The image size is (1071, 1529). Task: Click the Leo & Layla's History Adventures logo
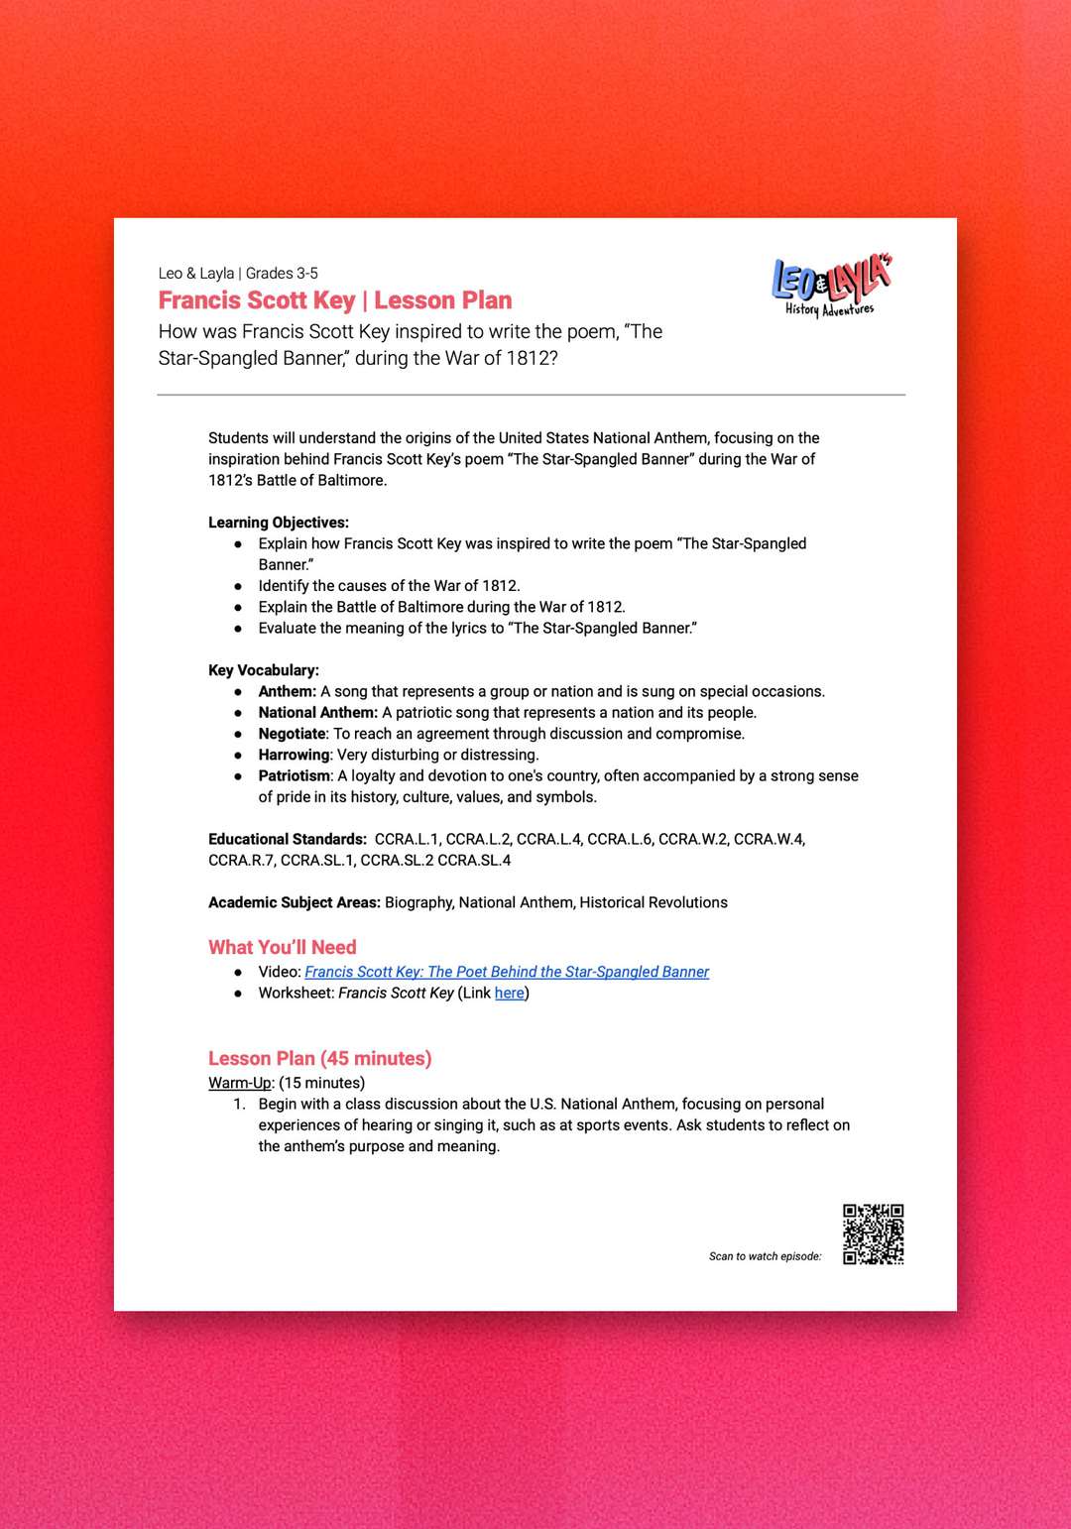(x=831, y=287)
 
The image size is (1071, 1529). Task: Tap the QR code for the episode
(x=873, y=1235)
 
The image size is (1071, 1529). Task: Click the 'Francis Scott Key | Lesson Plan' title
(x=335, y=300)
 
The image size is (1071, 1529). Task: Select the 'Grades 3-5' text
(x=282, y=274)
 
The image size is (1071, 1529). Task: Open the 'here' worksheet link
(x=509, y=994)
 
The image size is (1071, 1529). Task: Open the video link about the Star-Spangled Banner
(x=507, y=972)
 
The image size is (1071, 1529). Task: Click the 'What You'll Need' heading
(x=282, y=947)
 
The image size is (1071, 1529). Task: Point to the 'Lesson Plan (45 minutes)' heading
(x=319, y=1058)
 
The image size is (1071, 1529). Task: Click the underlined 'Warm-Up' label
(x=240, y=1083)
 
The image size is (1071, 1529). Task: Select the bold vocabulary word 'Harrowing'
(x=294, y=755)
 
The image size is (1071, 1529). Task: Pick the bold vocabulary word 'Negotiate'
(x=292, y=734)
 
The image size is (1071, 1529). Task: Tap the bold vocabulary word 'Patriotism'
(x=295, y=775)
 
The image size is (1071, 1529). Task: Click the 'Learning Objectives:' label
(x=279, y=523)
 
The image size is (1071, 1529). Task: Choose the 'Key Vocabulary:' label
(x=264, y=670)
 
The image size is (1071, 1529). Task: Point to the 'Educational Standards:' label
(x=288, y=839)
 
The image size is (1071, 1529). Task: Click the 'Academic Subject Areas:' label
(x=295, y=902)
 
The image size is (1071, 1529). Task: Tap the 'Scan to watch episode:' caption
(x=765, y=1256)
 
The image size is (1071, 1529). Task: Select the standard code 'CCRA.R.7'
(x=240, y=861)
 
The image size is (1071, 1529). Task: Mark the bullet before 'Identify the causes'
(x=238, y=586)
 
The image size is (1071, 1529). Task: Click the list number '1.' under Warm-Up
(x=239, y=1105)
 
